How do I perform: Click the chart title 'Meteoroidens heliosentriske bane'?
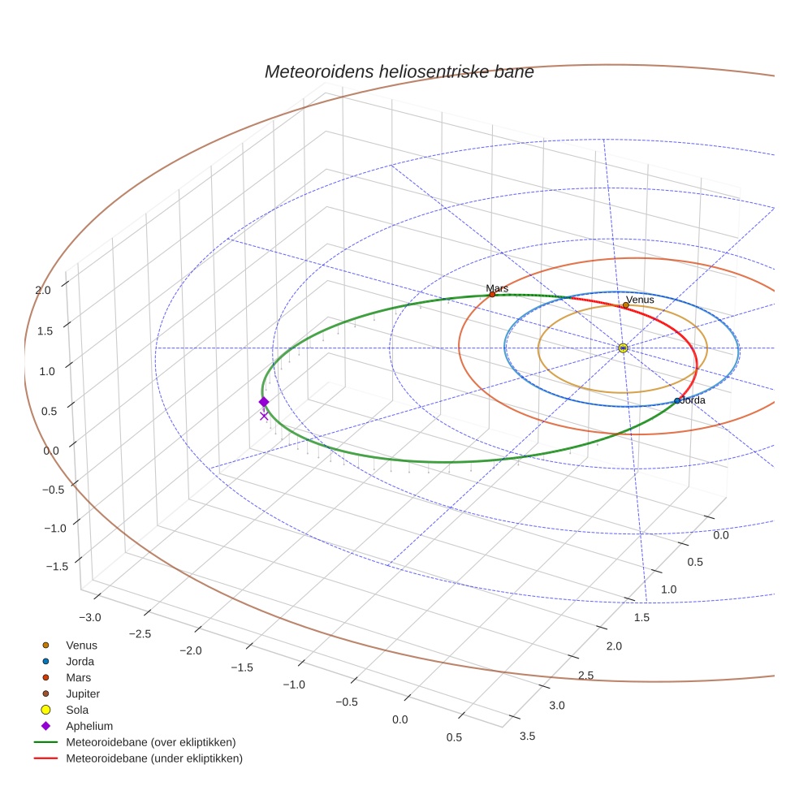pyautogui.click(x=399, y=71)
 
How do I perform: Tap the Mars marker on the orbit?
pyautogui.click(x=492, y=294)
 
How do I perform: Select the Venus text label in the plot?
pyautogui.click(x=640, y=300)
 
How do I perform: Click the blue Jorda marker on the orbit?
pyautogui.click(x=677, y=400)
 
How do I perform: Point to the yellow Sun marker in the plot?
pyautogui.click(x=623, y=348)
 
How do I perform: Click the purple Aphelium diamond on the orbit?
pyautogui.click(x=263, y=402)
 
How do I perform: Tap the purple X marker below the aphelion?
pyautogui.click(x=263, y=416)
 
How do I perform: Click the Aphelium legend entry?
pyautogui.click(x=89, y=726)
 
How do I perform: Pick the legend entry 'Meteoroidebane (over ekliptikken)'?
pyautogui.click(x=150, y=742)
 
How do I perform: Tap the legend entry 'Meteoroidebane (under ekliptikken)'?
pyautogui.click(x=153, y=758)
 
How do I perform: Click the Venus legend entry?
pyautogui.click(x=81, y=645)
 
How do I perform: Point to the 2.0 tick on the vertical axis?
pyautogui.click(x=42, y=289)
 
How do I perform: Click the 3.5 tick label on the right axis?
pyautogui.click(x=525, y=736)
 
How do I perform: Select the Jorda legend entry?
pyautogui.click(x=80, y=661)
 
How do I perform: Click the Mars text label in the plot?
pyautogui.click(x=497, y=287)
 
